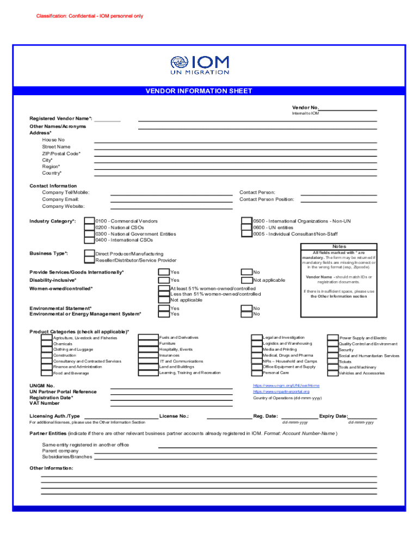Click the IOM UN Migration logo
click(x=199, y=65)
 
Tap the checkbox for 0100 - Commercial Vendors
click(x=89, y=221)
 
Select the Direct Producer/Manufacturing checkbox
click(x=89, y=253)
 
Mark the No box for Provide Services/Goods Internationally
click(x=246, y=272)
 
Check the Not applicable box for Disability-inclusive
click(x=246, y=280)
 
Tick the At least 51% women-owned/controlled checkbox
click(x=164, y=288)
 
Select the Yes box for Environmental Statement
click(x=164, y=308)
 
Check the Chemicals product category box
click(x=47, y=344)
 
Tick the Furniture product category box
click(x=148, y=344)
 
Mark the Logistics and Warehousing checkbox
click(x=256, y=344)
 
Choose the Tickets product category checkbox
click(x=332, y=361)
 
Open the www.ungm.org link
click(x=286, y=385)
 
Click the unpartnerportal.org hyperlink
click(x=281, y=392)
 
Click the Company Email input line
click(x=171, y=201)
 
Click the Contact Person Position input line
click(x=338, y=201)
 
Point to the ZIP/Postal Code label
click(x=61, y=153)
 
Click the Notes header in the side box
click(x=339, y=246)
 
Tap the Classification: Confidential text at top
click(x=90, y=16)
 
